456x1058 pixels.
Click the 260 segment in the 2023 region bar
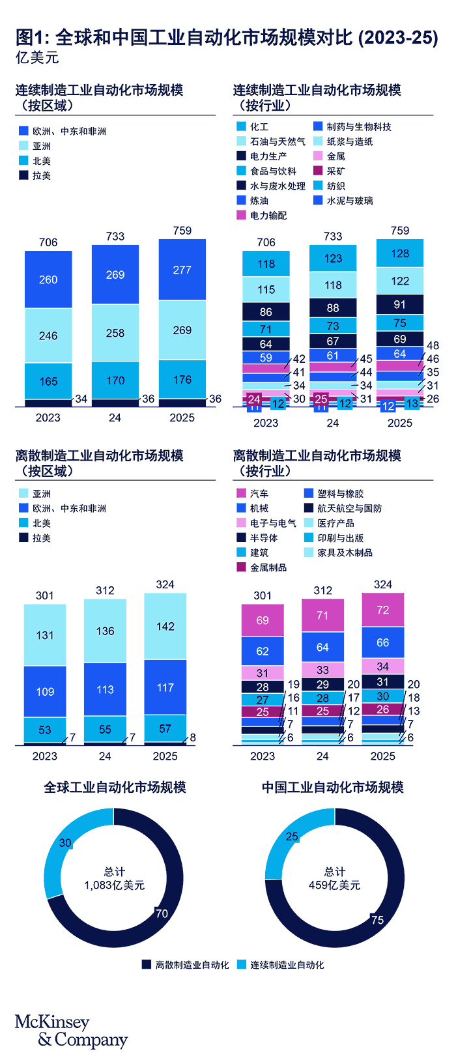(48, 279)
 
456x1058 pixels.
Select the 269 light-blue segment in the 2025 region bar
(182, 330)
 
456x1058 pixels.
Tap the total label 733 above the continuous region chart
(115, 236)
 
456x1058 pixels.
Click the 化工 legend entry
(259, 126)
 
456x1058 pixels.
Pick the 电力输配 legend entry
(268, 215)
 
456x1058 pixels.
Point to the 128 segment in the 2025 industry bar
(400, 253)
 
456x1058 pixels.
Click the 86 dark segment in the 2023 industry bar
(266, 312)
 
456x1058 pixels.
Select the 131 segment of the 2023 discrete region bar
(45, 635)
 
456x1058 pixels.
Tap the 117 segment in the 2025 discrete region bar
(165, 687)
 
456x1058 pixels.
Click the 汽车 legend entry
(259, 494)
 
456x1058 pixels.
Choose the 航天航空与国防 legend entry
(349, 508)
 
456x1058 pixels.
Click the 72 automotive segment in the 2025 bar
(383, 610)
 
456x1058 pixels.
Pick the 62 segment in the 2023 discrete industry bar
(263, 651)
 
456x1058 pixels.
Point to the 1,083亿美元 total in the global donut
(115, 885)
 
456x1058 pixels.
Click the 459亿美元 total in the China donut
(335, 885)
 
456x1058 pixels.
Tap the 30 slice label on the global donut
(65, 843)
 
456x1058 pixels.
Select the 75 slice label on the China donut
(377, 920)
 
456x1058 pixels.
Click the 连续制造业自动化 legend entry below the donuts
(287, 965)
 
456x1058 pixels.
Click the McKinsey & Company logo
(71, 1031)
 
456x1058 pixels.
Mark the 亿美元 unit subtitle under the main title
(37, 57)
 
